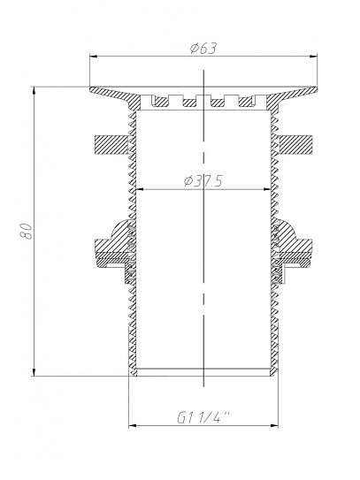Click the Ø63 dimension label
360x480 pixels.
(203, 49)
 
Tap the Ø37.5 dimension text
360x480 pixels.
(203, 182)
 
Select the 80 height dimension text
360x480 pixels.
(26, 231)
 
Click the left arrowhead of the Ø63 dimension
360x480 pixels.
(93, 57)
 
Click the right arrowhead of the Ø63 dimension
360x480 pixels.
(313, 57)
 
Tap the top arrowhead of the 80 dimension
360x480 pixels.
(34, 91)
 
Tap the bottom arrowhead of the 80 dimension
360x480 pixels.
(34, 372)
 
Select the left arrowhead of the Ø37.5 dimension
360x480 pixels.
(140, 190)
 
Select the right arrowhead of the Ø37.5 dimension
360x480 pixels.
(267, 190)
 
